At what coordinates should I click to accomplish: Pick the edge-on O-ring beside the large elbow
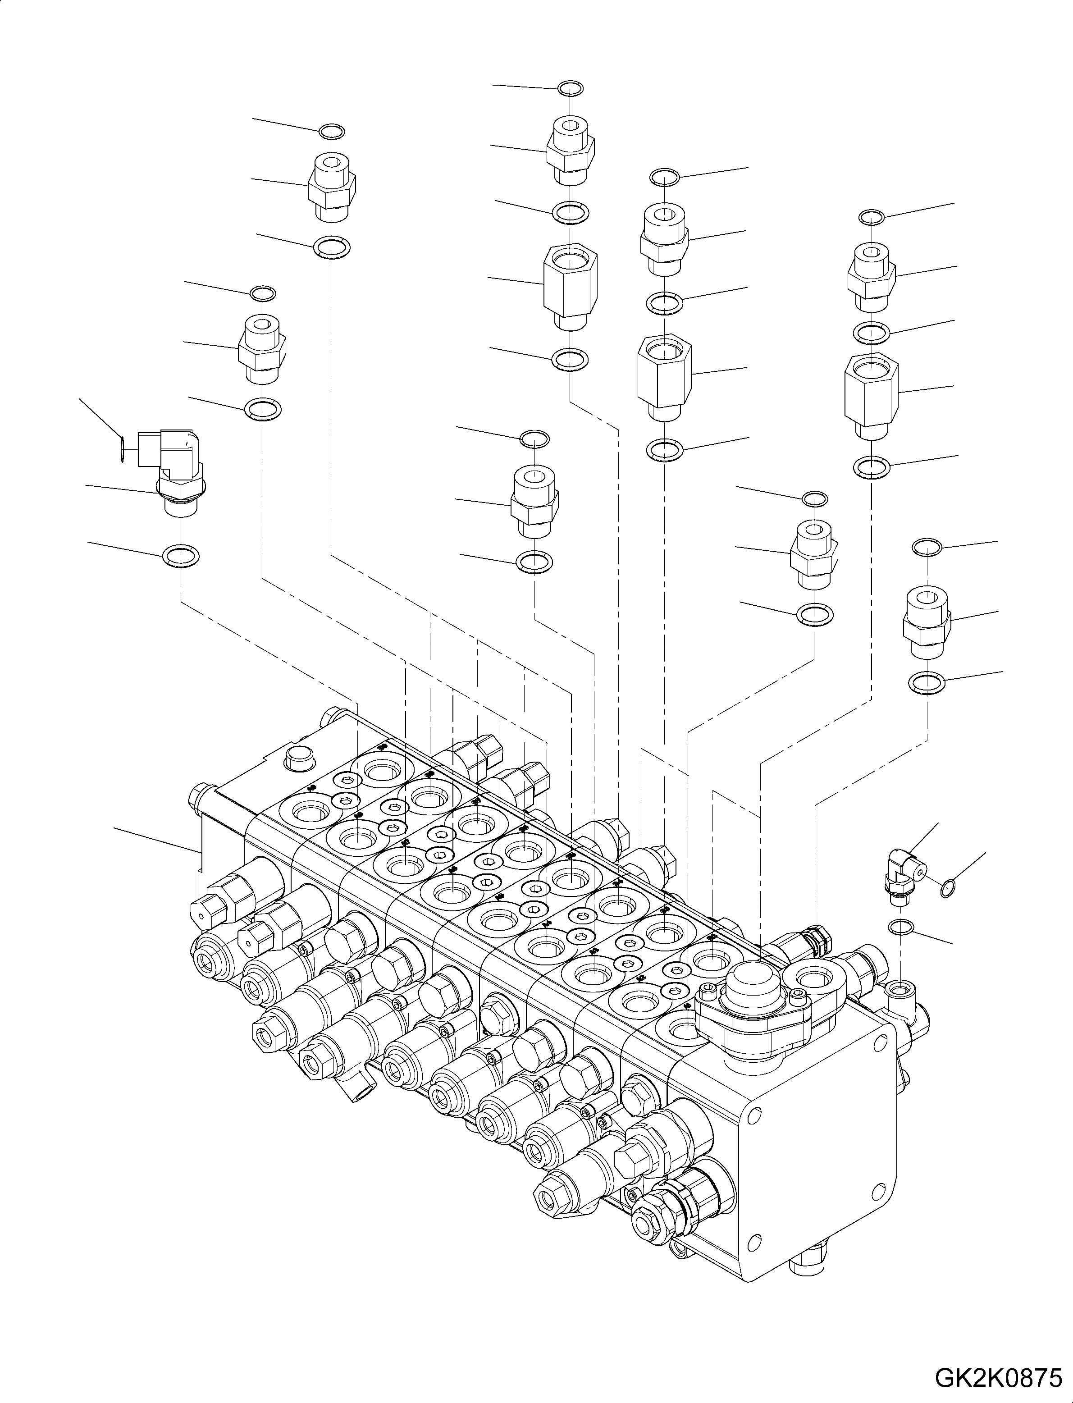click(x=121, y=447)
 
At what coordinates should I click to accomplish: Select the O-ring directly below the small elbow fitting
click(x=900, y=927)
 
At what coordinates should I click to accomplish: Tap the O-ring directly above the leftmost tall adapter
click(x=570, y=212)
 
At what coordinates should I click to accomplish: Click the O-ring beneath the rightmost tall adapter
click(x=871, y=467)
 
